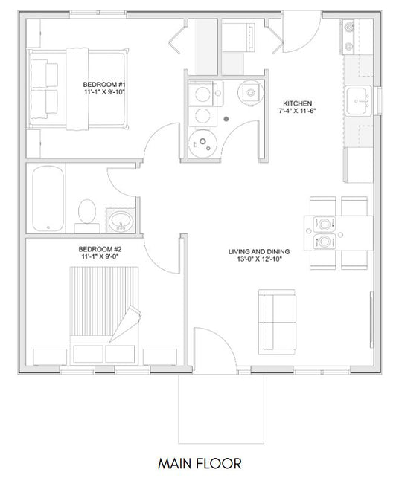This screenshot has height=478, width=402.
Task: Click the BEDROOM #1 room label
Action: [104, 85]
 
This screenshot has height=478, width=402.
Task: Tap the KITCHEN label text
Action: [297, 103]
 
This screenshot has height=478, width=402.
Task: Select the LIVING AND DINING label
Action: [259, 252]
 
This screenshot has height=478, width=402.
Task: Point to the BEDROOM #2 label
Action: [100, 249]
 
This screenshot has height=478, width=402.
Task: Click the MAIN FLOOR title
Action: [200, 464]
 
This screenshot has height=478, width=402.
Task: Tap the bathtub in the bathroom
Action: [48, 198]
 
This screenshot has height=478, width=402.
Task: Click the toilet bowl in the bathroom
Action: [87, 211]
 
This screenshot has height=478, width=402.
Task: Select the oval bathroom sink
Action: [121, 221]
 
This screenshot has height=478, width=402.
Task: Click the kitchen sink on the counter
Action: [359, 100]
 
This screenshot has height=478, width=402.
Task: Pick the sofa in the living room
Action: [277, 322]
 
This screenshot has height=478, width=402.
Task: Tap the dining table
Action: [339, 233]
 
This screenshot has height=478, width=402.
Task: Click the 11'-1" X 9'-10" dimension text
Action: [104, 92]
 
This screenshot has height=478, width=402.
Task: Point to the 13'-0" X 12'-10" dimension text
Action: [259, 259]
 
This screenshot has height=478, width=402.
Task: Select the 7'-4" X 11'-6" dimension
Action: [297, 111]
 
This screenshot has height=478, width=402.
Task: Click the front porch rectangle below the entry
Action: [221, 454]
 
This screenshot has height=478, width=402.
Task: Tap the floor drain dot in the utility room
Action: [226, 119]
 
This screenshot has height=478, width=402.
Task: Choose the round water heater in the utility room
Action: [203, 143]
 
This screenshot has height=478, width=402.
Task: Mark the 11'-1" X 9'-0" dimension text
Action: [100, 256]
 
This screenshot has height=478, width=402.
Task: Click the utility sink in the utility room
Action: [251, 91]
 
